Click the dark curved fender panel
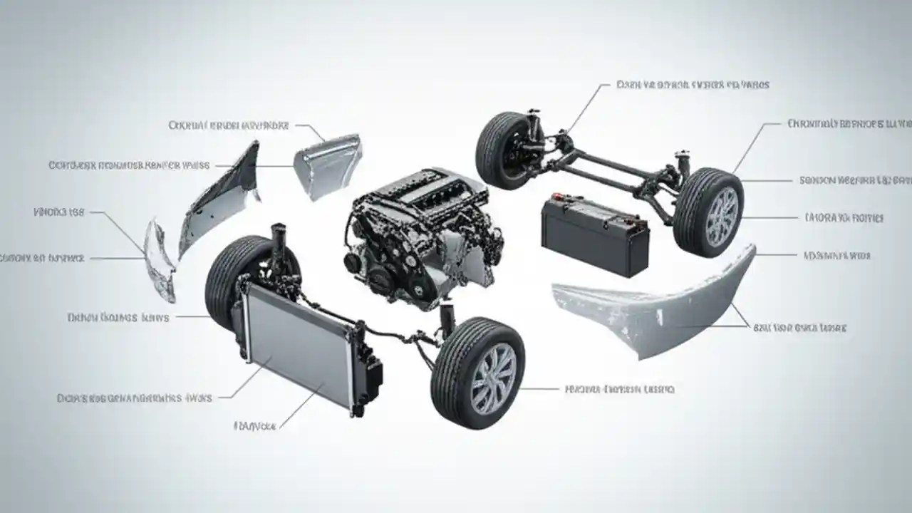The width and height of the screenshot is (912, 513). (x=221, y=199)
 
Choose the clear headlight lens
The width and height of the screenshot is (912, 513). (x=160, y=260)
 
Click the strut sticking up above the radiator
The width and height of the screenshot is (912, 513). (x=276, y=242)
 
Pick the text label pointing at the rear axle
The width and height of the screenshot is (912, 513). (x=692, y=85)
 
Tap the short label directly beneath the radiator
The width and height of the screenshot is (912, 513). (x=255, y=425)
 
